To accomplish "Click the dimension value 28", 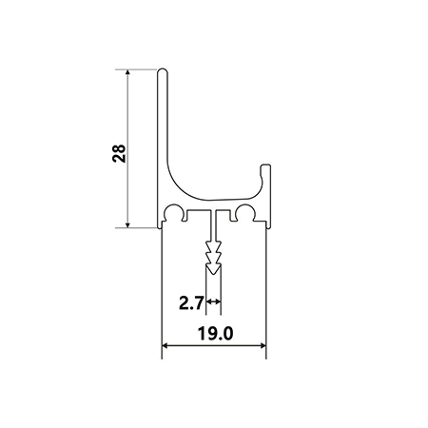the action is pyautogui.click(x=119, y=153).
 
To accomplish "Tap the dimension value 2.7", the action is pyautogui.click(x=191, y=302).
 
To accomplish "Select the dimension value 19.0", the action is pyautogui.click(x=216, y=334).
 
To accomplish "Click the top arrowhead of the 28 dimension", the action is pyautogui.click(x=127, y=72).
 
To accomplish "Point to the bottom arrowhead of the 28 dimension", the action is pyautogui.click(x=127, y=224).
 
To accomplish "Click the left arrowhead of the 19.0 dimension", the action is pyautogui.click(x=165, y=345).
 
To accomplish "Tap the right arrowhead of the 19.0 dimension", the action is pyautogui.click(x=263, y=345).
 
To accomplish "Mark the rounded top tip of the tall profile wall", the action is pyautogui.click(x=162, y=70).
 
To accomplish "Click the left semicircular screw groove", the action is pyautogui.click(x=174, y=211).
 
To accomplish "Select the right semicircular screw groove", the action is pyautogui.click(x=244, y=211).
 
